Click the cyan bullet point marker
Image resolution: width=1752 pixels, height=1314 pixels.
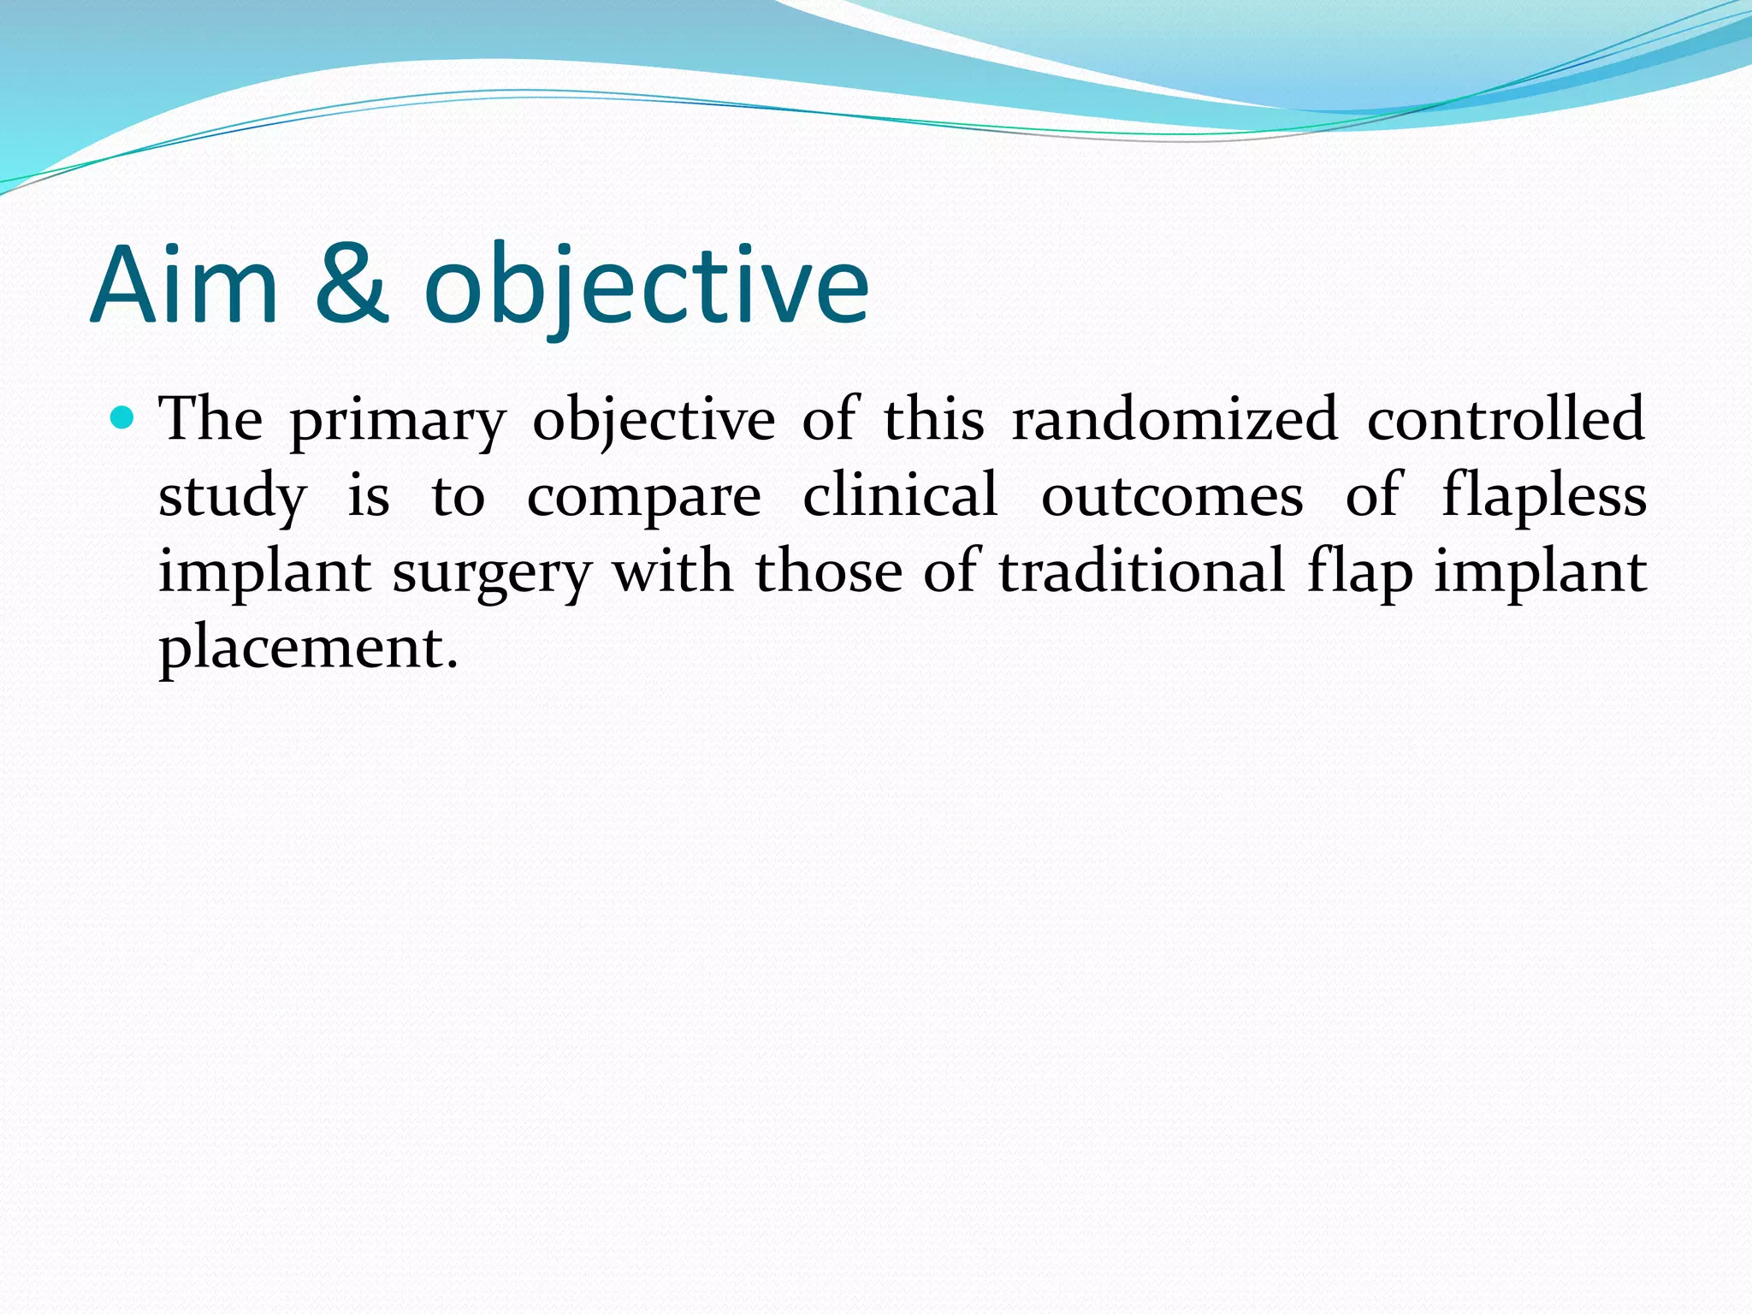tap(123, 418)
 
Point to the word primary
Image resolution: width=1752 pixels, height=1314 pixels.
tap(398, 422)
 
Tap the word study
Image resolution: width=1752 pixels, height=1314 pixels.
tap(232, 497)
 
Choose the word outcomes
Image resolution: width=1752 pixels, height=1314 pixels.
tap(1172, 496)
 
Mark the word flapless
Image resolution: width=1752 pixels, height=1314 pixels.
tap(1543, 496)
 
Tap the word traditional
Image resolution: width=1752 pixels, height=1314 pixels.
tap(1141, 571)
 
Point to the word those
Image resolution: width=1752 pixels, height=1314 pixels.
tap(828, 571)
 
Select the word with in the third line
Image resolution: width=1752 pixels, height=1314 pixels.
tap(672, 571)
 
